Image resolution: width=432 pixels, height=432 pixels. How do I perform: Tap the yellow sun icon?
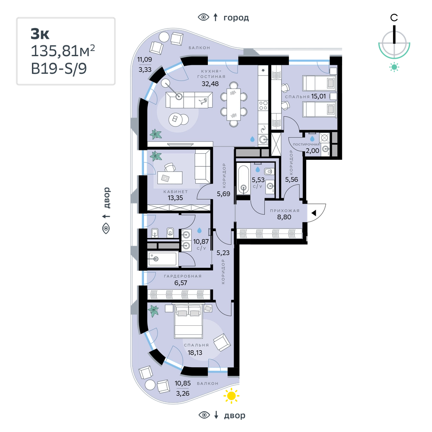232,396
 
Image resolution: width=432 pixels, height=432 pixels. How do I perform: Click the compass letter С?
394,18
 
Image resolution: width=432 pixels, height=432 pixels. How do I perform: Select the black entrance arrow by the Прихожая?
314,213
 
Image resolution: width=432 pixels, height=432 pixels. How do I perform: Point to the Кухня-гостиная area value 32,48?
210,84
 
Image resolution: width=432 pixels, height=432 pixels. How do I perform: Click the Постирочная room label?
306,144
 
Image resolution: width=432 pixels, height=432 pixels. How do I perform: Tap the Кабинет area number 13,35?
175,198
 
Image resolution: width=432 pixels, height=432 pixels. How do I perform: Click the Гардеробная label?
183,276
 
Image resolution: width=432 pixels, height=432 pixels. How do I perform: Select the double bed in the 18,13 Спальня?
189,321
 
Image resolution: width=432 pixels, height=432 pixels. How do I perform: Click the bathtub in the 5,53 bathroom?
243,180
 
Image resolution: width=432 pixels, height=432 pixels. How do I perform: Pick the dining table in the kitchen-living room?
233,105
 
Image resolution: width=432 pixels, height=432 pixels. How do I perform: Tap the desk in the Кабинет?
170,178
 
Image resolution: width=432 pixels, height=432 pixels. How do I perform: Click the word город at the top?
236,18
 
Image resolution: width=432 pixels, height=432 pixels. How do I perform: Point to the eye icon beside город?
203,17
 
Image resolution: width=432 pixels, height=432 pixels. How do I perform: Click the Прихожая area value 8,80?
284,217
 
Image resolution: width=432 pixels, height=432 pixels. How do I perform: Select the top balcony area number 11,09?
145,59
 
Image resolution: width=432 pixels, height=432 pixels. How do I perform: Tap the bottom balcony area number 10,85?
182,383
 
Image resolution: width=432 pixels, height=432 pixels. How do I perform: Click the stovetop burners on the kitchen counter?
263,105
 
